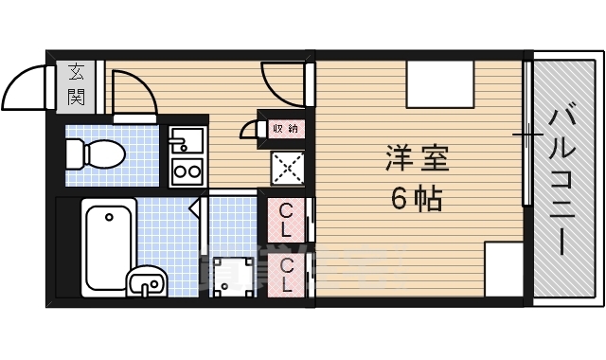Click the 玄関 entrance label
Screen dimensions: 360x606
tap(76, 83)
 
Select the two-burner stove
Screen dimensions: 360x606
tap(187, 171)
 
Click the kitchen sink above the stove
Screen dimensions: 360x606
tap(186, 143)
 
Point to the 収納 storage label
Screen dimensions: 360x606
tap(285, 127)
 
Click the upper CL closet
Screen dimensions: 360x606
tap(286, 220)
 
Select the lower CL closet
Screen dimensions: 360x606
tap(286, 275)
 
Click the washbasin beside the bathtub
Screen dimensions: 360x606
tap(146, 281)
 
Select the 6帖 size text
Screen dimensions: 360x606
tap(417, 199)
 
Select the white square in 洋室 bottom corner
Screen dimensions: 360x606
tap(504, 269)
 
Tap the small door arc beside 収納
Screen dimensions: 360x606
tap(249, 130)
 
